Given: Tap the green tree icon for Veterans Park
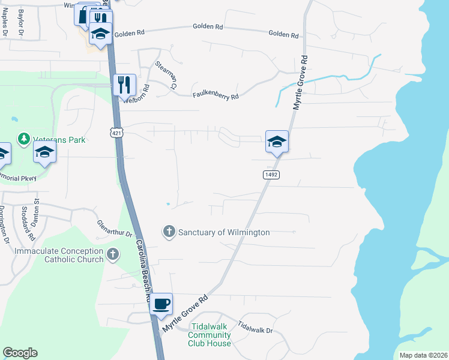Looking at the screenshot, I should pos(23,139).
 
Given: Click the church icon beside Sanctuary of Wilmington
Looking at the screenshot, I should pos(169,231).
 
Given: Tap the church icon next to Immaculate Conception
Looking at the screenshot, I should pos(112,255).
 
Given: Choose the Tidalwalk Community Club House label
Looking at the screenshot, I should pos(209,335).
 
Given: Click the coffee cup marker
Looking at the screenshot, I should pos(161,304).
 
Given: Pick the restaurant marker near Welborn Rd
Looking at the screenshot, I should pos(124,85).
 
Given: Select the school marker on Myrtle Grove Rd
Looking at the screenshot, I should pos(277,142).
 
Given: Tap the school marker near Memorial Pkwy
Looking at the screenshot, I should pos(44,152).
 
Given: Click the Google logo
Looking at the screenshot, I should pos(20,353).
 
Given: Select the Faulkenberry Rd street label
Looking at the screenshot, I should pos(215,95).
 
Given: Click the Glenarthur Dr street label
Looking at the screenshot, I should pos(114,229).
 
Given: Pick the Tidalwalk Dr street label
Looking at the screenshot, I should pos(255,328).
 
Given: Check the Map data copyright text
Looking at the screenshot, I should pos(423,355).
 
